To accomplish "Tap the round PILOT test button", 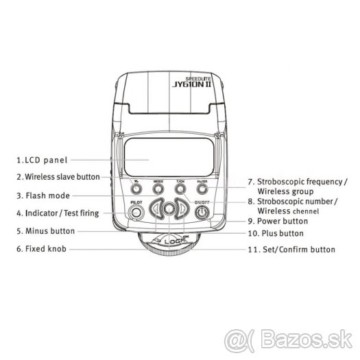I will (x=136, y=213).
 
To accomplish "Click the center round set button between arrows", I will (x=169, y=208).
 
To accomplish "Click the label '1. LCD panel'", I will (x=43, y=160).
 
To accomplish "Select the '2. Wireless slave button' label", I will (x=58, y=177).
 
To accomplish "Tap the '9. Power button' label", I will (x=278, y=221).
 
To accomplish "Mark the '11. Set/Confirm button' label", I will (x=291, y=250).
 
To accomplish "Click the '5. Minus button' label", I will (x=46, y=231).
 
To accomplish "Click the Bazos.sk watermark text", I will (x=310, y=341).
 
